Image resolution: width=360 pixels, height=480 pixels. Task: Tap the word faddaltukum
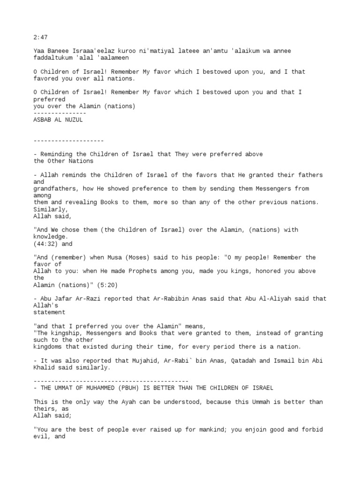[52, 58]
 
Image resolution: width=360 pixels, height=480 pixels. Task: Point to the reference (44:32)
[45, 244]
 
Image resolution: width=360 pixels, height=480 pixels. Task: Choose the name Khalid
[45, 368]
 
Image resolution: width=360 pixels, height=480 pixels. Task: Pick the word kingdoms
[49, 347]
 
